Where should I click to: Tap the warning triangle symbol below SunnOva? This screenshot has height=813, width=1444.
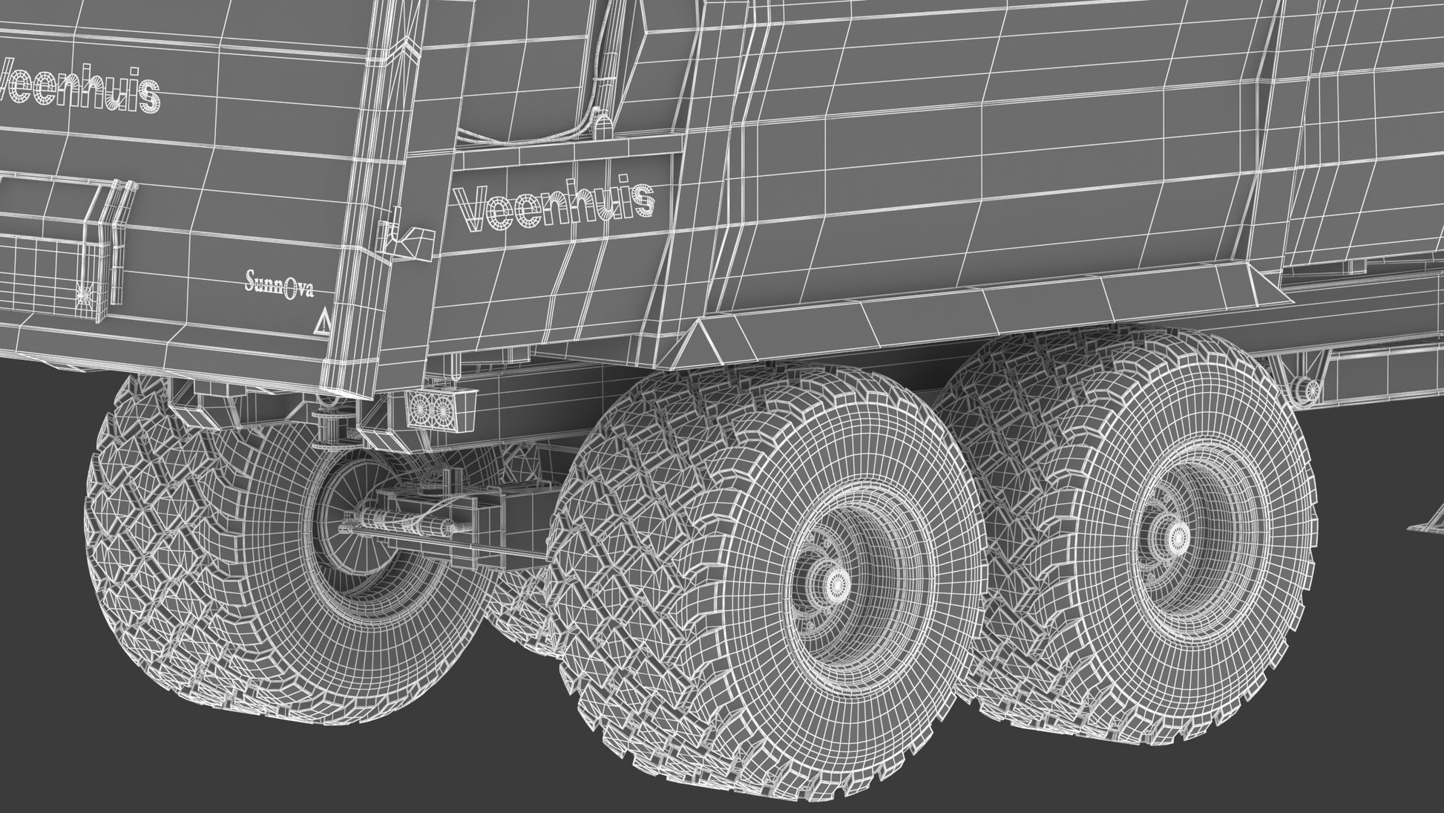pyautogui.click(x=324, y=323)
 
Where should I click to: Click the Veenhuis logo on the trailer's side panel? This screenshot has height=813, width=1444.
pyautogui.click(x=554, y=203)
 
